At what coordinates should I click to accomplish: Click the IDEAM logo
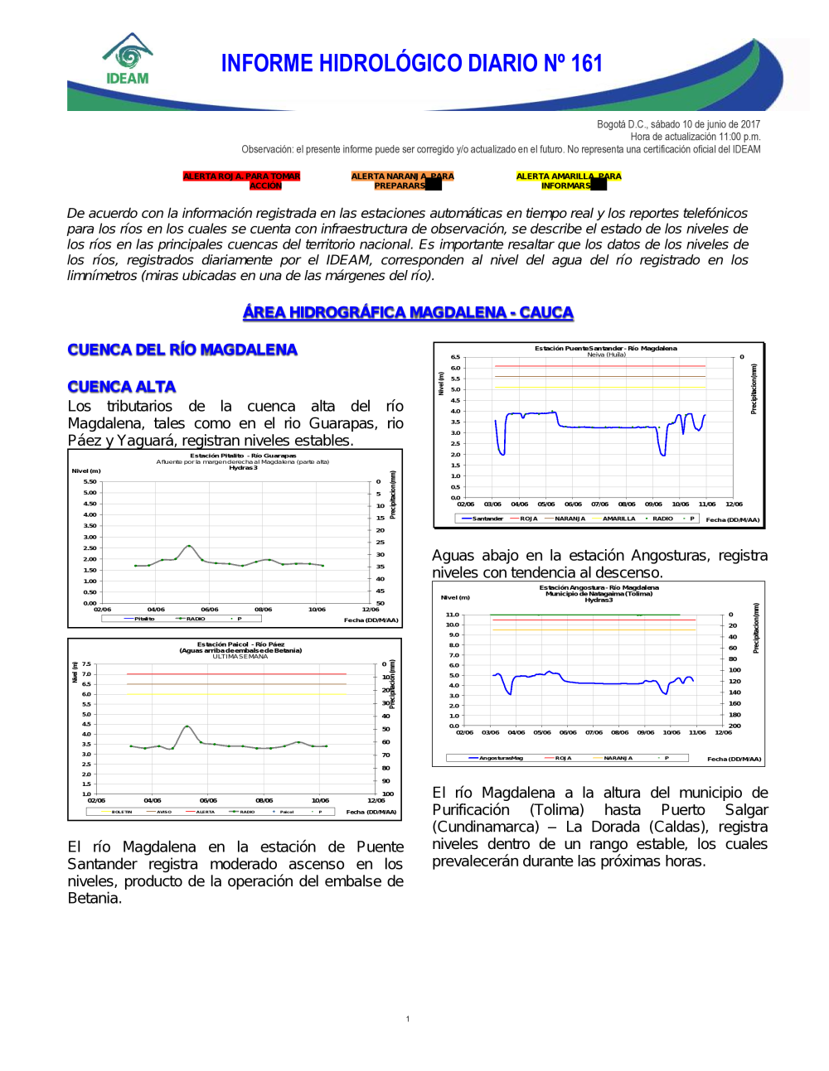(x=127, y=60)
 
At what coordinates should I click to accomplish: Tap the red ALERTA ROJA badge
(x=241, y=181)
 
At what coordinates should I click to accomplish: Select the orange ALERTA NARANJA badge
(x=402, y=181)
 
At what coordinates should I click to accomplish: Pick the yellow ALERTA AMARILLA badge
(x=568, y=181)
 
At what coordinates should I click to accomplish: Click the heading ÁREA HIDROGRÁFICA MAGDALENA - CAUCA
(x=408, y=312)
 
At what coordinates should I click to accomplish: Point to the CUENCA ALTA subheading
(x=122, y=387)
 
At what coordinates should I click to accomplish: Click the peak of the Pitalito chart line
(x=189, y=546)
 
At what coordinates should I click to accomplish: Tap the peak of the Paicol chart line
(x=187, y=726)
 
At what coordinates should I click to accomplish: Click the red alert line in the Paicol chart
(x=236, y=674)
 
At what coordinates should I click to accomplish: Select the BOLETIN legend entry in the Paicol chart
(x=122, y=812)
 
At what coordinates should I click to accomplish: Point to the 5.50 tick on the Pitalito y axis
(x=90, y=481)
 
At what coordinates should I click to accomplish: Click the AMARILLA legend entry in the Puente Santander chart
(x=618, y=519)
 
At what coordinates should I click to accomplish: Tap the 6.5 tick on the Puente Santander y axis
(x=455, y=357)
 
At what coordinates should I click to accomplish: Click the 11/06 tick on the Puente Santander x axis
(x=706, y=504)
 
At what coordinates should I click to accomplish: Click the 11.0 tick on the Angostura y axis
(x=452, y=615)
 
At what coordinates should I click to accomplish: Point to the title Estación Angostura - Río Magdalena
(x=599, y=587)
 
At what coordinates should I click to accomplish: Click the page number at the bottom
(x=408, y=1019)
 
